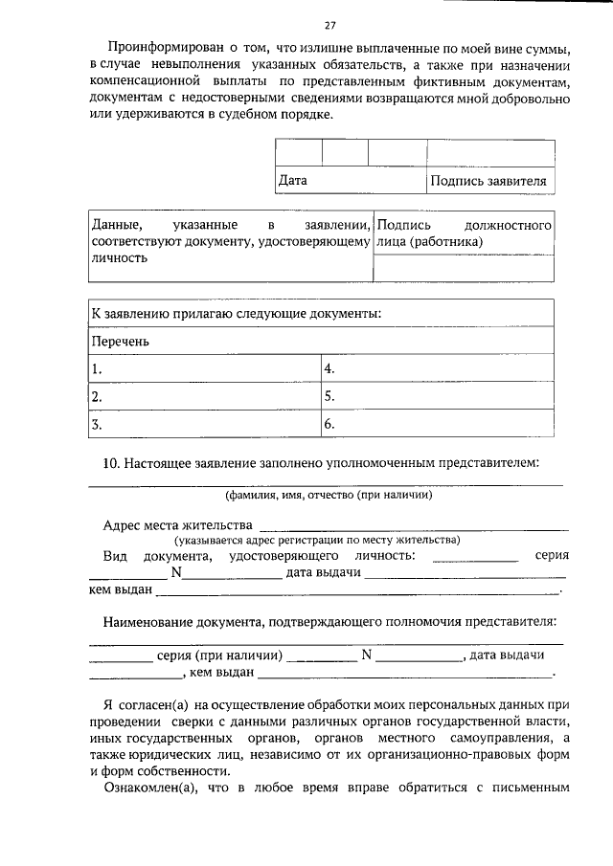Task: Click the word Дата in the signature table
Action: pos(292,179)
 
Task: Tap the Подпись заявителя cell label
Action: pos(488,179)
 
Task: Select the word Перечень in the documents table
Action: pos(120,340)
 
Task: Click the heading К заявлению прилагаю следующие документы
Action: pos(236,313)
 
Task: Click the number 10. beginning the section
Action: pos(111,463)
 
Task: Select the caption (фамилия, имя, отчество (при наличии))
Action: pos(329,496)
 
